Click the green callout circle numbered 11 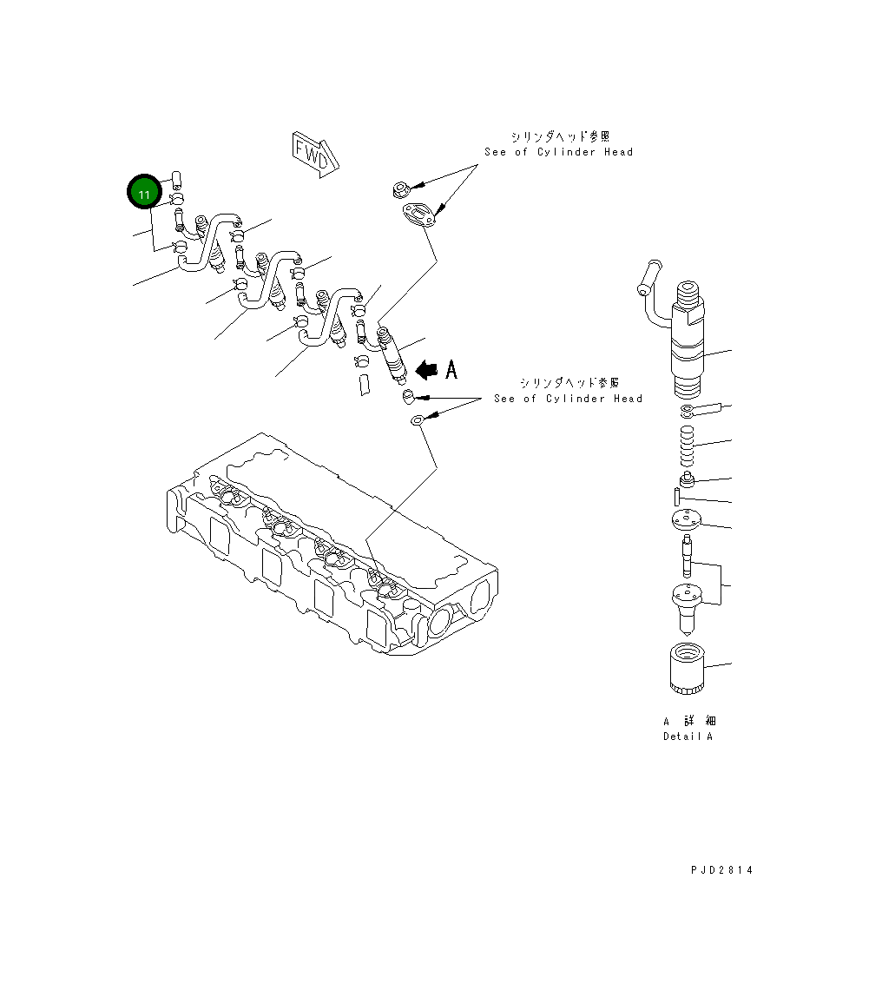(x=145, y=193)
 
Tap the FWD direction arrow (x=313, y=154)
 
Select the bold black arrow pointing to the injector (x=426, y=370)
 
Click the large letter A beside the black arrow (x=451, y=370)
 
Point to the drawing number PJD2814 (x=722, y=870)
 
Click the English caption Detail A (x=688, y=736)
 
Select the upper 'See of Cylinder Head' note (x=558, y=152)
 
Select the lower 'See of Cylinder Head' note (x=568, y=399)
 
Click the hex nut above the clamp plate (x=400, y=188)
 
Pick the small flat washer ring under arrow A (x=418, y=421)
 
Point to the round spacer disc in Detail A (x=686, y=522)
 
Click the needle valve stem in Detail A (x=688, y=556)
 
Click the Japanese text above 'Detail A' (x=690, y=721)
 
